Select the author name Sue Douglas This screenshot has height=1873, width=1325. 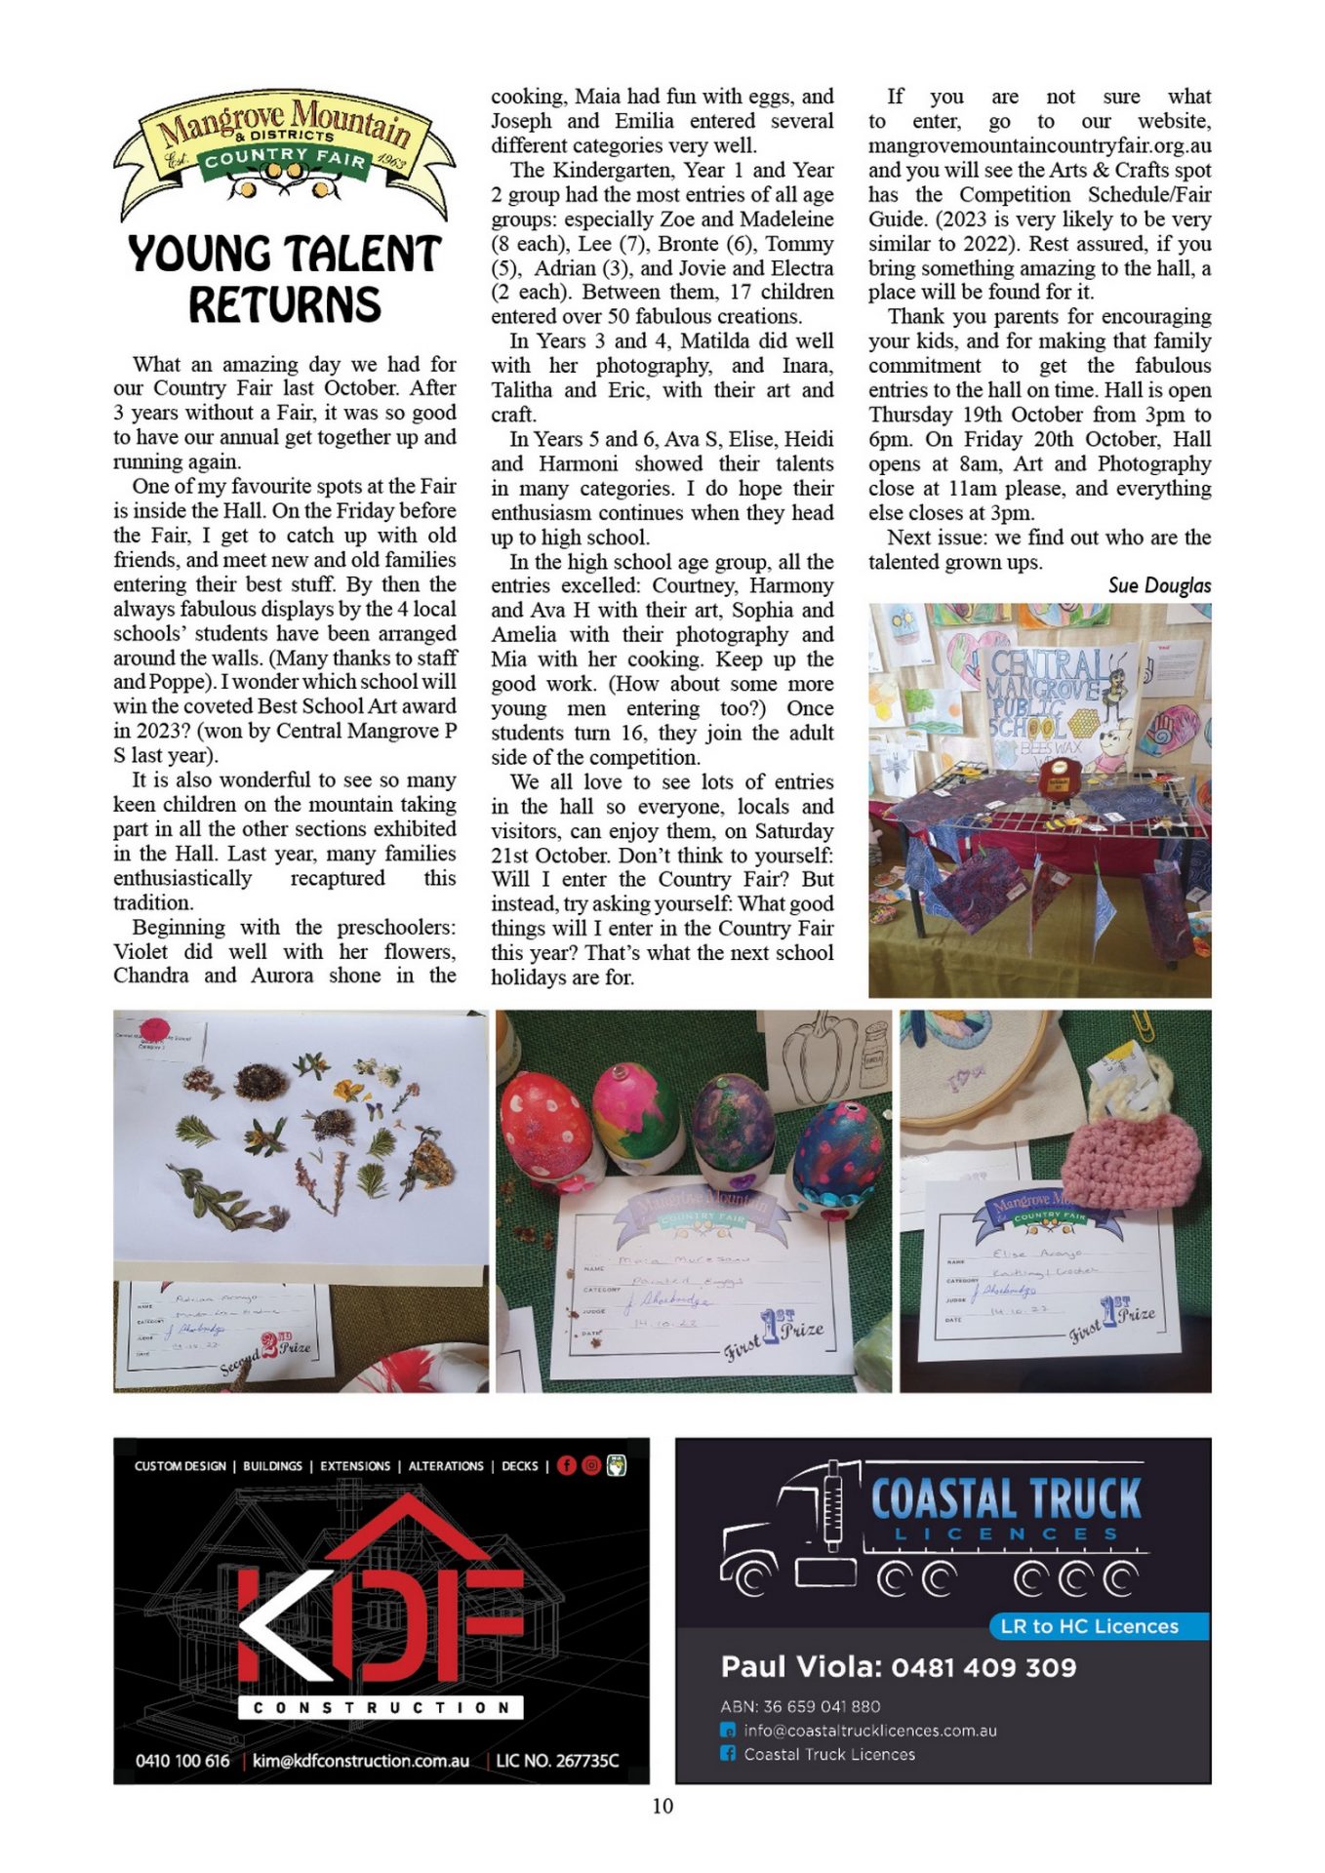pos(1159,585)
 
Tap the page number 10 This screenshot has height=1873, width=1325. pos(662,1806)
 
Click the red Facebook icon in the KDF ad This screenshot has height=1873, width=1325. pos(567,1465)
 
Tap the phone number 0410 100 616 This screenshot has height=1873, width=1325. pos(182,1761)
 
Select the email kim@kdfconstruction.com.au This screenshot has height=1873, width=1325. pos(361,1761)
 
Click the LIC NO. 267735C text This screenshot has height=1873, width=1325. pos(557,1761)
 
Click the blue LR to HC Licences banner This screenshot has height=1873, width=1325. pos(1100,1626)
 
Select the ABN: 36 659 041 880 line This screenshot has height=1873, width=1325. pos(800,1706)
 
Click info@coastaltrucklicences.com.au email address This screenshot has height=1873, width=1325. pos(869,1731)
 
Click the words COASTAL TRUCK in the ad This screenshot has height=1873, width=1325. pos(1006,1499)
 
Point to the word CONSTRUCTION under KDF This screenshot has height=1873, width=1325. pos(381,1707)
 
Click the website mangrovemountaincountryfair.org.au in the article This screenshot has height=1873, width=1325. pos(1040,145)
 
